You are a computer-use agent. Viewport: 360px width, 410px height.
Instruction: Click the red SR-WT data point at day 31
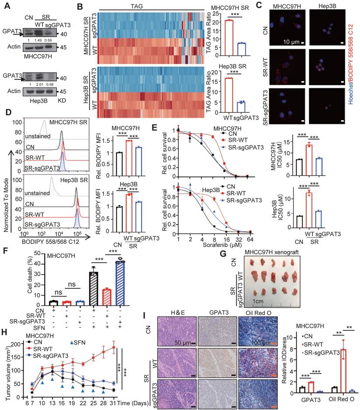126,347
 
